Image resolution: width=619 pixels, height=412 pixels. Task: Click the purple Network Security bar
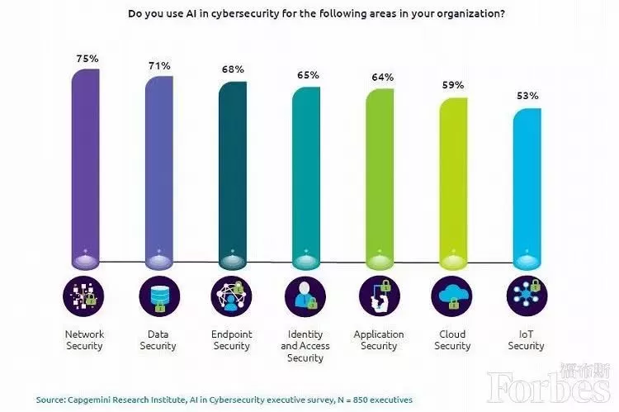point(85,165)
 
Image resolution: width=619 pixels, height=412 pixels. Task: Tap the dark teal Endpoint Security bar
point(232,173)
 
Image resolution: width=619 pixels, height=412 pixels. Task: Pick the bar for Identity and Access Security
point(306,178)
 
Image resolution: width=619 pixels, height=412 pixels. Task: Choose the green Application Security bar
point(380,178)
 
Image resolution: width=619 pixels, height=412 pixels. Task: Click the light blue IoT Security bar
point(527,186)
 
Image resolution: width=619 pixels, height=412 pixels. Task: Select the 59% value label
point(453,85)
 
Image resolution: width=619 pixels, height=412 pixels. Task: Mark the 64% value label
point(382,78)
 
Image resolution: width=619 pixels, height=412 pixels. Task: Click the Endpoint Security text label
point(232,340)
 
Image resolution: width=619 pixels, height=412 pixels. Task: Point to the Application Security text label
point(380,340)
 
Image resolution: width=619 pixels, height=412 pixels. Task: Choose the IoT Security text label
point(527,340)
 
